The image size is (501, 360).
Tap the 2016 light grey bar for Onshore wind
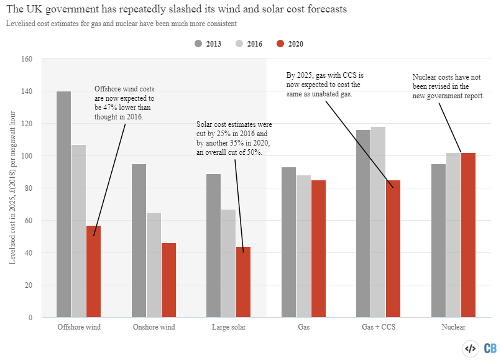coord(154,265)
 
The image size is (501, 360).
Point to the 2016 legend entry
coord(249,44)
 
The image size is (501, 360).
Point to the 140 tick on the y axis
coord(27,91)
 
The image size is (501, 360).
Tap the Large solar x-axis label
coord(229,326)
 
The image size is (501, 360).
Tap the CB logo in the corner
coord(489,348)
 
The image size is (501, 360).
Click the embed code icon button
coord(471,348)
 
